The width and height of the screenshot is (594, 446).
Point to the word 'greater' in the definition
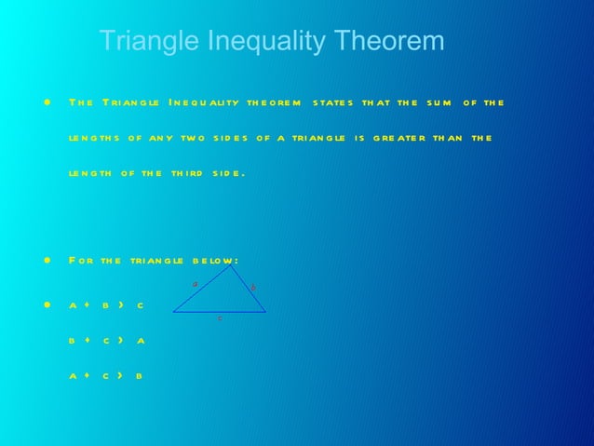tap(399, 138)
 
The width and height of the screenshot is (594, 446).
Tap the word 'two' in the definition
tap(193, 138)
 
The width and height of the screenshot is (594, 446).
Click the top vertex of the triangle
tap(229, 267)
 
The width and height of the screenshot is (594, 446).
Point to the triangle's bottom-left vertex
tap(173, 312)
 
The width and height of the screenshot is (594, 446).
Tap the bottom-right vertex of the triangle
tap(265, 312)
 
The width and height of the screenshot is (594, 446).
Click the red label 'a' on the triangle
tap(195, 283)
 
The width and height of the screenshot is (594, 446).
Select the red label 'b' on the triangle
tap(253, 288)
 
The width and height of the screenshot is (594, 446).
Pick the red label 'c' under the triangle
tap(220, 318)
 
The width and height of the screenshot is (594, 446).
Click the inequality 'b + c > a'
tap(106, 341)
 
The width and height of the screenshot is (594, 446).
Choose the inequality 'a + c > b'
tap(106, 376)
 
